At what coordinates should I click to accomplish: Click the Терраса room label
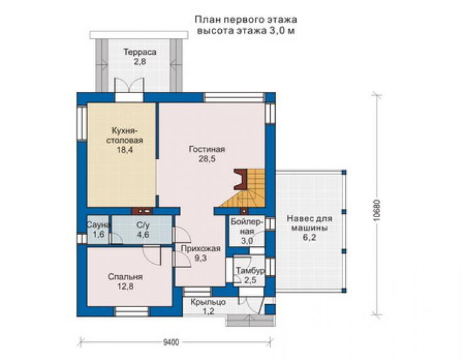coord(139,52)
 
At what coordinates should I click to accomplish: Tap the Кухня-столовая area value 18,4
coord(124,150)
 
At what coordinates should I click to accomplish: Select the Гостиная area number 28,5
coord(207,159)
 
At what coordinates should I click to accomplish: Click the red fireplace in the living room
coord(241,179)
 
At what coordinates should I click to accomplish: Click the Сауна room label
coord(98,225)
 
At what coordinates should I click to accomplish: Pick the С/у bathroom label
coord(143,225)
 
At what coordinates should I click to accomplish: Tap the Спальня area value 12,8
coord(125,286)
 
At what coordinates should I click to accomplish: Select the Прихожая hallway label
coord(200,249)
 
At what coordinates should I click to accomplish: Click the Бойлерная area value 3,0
coord(247,240)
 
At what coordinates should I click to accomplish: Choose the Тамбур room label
coord(250,271)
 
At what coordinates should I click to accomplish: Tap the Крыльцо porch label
coord(208,302)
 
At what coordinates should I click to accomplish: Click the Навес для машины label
coord(309,223)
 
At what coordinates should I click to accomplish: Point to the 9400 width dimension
coord(171,342)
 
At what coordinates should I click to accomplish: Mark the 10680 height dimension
coord(376,210)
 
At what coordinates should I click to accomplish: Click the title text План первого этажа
coord(246,20)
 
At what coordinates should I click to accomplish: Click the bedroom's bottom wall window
coord(132,312)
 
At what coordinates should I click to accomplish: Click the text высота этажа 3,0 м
coord(246,31)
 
